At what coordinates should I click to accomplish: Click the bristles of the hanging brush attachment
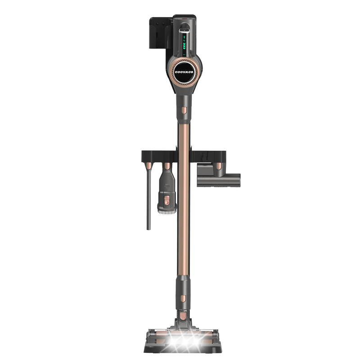pos(167,207)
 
